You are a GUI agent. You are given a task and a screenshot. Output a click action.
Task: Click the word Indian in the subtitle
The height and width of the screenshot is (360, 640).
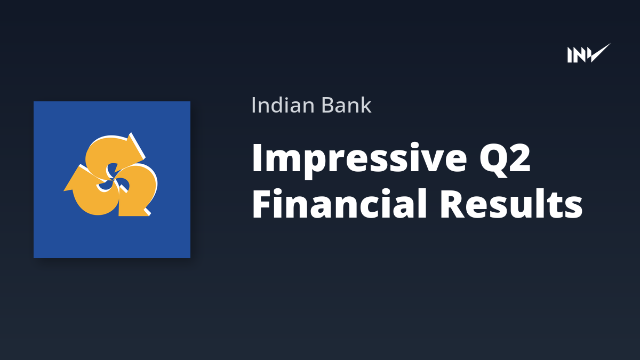coord(283,105)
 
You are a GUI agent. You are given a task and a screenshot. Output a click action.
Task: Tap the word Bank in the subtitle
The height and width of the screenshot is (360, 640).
coord(346,105)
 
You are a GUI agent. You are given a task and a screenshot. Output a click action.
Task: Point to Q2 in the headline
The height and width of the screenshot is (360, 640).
coord(505,159)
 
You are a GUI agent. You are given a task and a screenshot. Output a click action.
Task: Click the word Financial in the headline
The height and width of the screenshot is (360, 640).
coord(339,203)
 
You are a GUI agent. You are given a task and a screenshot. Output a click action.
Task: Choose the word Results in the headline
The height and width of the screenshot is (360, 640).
coord(511,203)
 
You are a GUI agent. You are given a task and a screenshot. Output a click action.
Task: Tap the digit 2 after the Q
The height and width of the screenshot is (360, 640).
coord(519,157)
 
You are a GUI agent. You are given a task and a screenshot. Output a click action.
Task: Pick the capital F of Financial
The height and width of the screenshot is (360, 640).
coord(262,204)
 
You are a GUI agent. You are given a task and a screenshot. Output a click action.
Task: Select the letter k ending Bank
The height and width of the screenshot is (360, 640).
coord(365,105)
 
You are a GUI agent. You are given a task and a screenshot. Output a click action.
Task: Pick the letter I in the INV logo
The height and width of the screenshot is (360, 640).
coord(570,55)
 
